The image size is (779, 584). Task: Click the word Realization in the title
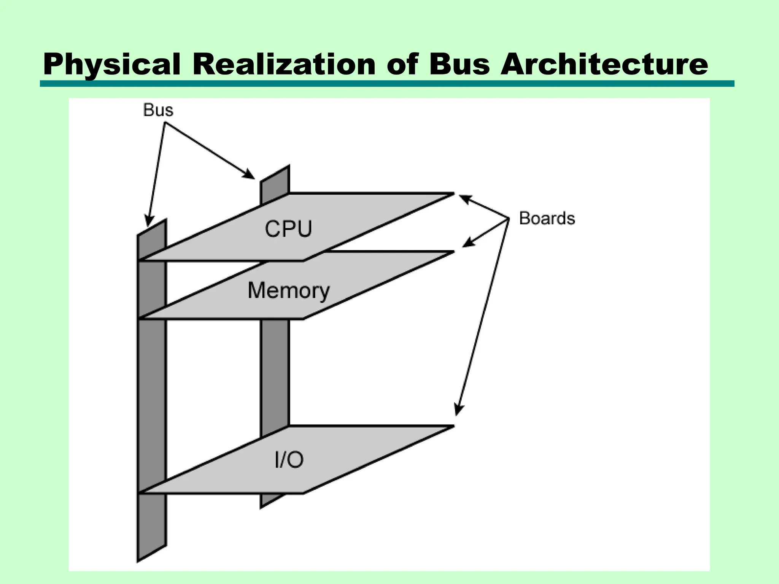click(284, 64)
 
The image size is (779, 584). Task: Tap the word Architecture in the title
click(604, 64)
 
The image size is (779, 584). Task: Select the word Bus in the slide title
click(459, 64)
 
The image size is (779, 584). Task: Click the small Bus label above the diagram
click(158, 110)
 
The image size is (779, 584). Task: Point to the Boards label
click(547, 219)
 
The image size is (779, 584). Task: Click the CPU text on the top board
click(288, 229)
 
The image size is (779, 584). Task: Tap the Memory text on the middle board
click(288, 290)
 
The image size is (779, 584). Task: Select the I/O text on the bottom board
click(289, 460)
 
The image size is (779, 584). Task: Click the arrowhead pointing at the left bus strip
click(149, 222)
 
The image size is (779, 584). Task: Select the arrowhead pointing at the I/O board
click(459, 411)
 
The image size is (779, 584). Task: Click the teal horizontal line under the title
click(387, 84)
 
